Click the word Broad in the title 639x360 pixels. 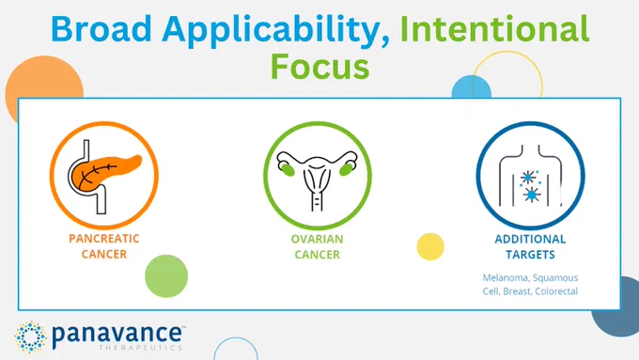[101, 28]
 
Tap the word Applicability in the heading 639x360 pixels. [276, 31]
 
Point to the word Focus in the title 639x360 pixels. [319, 67]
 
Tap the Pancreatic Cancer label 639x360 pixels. [104, 246]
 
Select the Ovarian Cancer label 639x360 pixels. [317, 246]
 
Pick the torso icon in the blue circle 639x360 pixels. [530, 176]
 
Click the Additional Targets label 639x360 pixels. [530, 246]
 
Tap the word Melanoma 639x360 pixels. [506, 277]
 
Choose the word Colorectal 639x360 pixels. [556, 291]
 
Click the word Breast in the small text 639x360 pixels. [517, 291]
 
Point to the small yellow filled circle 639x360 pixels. [430, 246]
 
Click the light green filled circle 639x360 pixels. [166, 276]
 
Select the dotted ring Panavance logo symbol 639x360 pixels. [30, 337]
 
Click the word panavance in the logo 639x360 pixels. [117, 335]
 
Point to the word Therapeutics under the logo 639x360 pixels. [141, 348]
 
